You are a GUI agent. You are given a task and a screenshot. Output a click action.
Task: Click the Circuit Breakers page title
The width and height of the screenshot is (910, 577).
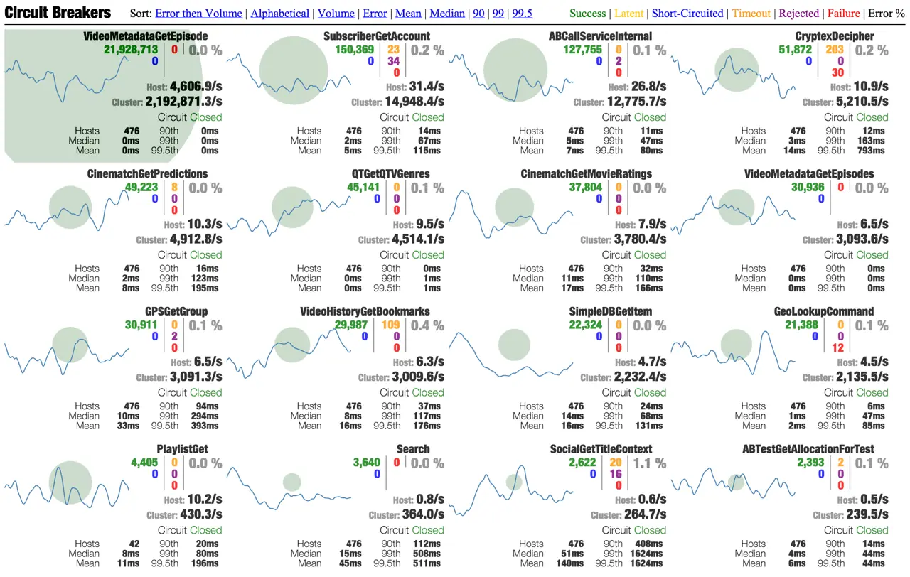pyautogui.click(x=58, y=13)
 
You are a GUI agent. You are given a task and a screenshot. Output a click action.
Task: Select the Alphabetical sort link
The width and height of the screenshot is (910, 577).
pyautogui.click(x=280, y=14)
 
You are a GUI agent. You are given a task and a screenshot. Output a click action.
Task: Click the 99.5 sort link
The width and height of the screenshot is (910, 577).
pyautogui.click(x=522, y=14)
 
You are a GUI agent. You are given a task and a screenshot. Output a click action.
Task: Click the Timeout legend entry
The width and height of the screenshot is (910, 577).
pyautogui.click(x=751, y=14)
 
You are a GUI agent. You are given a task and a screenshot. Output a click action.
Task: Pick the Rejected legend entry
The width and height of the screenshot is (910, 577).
pyautogui.click(x=800, y=14)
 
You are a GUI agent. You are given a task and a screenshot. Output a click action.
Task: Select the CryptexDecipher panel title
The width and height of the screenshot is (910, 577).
pyautogui.click(x=845, y=36)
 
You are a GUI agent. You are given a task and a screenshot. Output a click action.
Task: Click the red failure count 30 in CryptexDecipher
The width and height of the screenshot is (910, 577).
pyautogui.click(x=837, y=72)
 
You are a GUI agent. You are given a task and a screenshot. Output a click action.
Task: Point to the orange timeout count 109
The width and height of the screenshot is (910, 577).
pyautogui.click(x=390, y=325)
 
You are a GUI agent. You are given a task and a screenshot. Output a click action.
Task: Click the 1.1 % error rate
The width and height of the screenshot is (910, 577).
pyautogui.click(x=649, y=463)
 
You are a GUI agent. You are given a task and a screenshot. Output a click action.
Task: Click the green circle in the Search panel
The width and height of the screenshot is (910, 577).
pyautogui.click(x=292, y=482)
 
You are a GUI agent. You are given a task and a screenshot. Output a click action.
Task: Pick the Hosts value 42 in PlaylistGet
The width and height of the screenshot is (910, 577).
pyautogui.click(x=134, y=544)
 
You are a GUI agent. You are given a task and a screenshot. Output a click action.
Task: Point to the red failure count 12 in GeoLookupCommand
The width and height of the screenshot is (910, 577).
pyautogui.click(x=837, y=348)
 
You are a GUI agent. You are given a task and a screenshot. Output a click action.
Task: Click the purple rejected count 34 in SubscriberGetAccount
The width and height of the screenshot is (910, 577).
pyautogui.click(x=393, y=61)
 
